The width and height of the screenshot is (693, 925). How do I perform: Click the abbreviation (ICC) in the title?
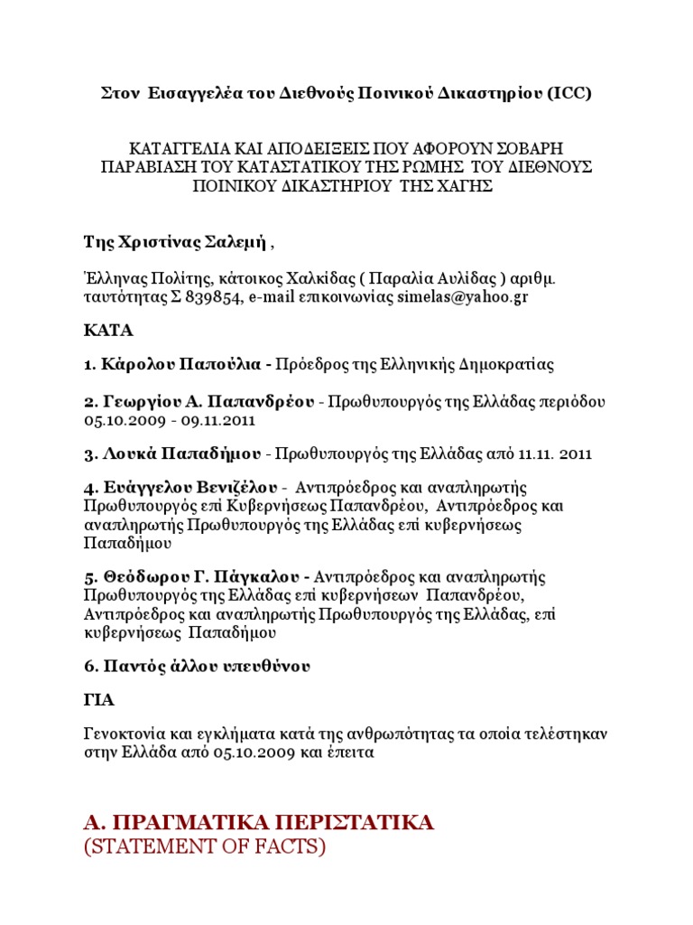point(568,95)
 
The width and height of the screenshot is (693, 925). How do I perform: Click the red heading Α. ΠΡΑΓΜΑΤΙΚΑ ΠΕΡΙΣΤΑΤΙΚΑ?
point(258,822)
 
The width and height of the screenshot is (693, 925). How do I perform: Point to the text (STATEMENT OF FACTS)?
point(204,847)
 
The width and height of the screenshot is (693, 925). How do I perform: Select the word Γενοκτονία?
point(125,733)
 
